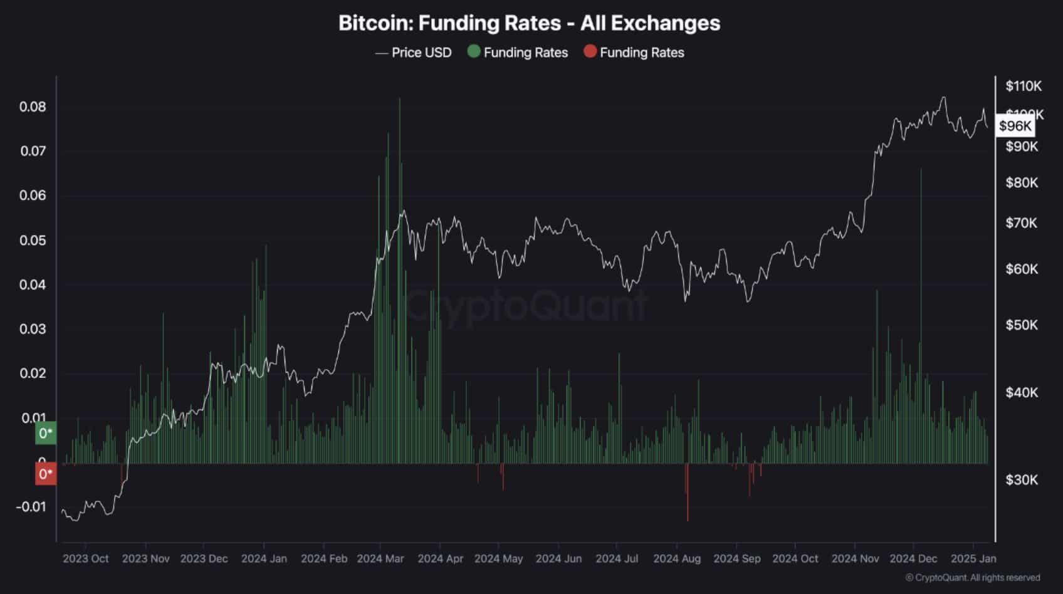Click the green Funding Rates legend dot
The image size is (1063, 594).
tap(474, 51)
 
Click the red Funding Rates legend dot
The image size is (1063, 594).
tap(590, 51)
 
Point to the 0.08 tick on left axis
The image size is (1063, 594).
tap(33, 107)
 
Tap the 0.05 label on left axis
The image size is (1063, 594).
tap(33, 240)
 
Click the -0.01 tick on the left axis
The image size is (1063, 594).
tap(31, 506)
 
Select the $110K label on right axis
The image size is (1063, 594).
tap(1024, 86)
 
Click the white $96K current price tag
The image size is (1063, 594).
tap(1015, 126)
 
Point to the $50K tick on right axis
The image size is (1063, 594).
tap(1022, 325)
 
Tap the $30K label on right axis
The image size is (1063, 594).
tap(1022, 479)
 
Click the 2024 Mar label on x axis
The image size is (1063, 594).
tap(380, 558)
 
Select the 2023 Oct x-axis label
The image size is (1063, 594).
tap(86, 558)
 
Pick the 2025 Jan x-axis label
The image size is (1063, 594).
tap(973, 558)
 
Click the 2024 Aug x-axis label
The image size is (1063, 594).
tap(677, 558)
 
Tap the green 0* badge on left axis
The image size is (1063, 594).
tap(45, 433)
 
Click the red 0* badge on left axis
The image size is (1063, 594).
tap(45, 474)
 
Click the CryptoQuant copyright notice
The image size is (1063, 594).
tap(972, 578)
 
